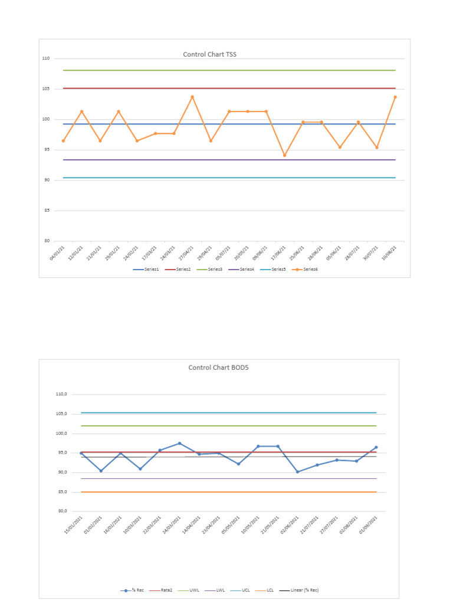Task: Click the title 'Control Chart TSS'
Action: pyautogui.click(x=209, y=54)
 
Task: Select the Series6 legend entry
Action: pyautogui.click(x=307, y=269)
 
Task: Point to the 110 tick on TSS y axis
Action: pyautogui.click(x=46, y=58)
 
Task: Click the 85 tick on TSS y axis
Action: pyautogui.click(x=47, y=211)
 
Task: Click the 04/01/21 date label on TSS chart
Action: pyautogui.click(x=58, y=252)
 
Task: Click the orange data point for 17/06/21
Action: pyautogui.click(x=284, y=156)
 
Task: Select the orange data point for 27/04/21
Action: pyautogui.click(x=192, y=97)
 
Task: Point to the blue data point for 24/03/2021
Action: pyautogui.click(x=180, y=444)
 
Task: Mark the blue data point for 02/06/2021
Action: pyautogui.click(x=298, y=472)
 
